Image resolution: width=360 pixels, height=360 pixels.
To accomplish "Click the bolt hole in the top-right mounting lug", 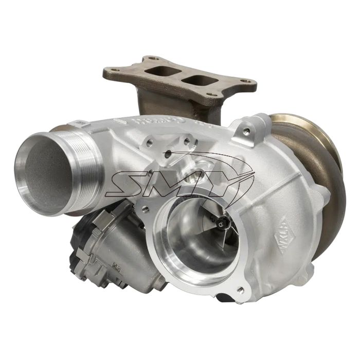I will (247, 132).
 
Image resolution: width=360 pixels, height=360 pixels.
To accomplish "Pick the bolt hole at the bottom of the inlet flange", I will (240, 290).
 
